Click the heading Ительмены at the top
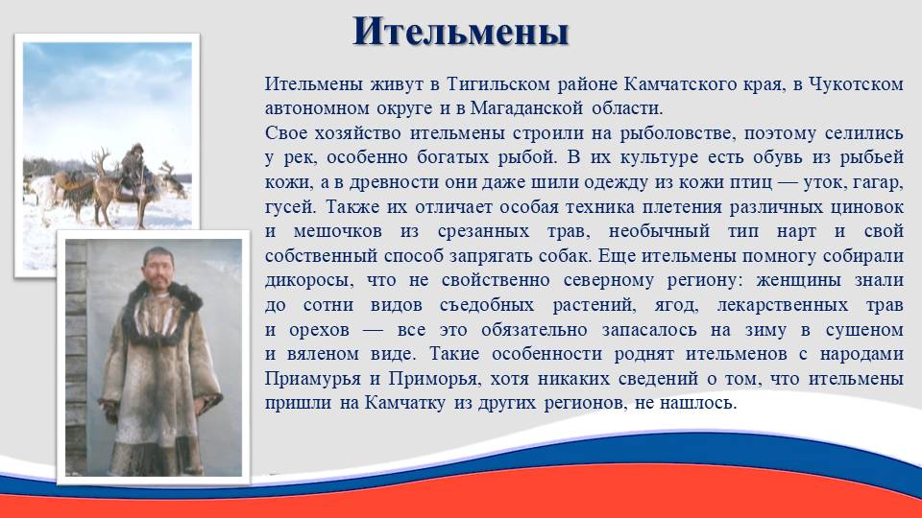coord(460,33)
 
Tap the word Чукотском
coord(856,84)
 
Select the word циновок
coord(866,207)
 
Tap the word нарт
coord(796,231)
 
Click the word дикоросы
coord(309,281)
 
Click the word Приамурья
coord(312,379)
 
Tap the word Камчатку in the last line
coord(404,404)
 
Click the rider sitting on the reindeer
coord(133,171)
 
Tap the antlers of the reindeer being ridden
coord(101,160)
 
